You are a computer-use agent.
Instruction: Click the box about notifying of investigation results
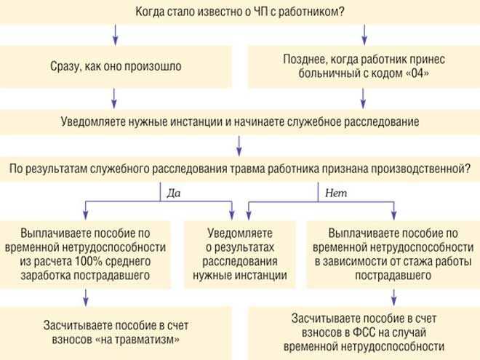240,255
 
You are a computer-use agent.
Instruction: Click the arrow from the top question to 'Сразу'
115,32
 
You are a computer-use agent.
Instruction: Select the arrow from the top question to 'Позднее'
364,32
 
